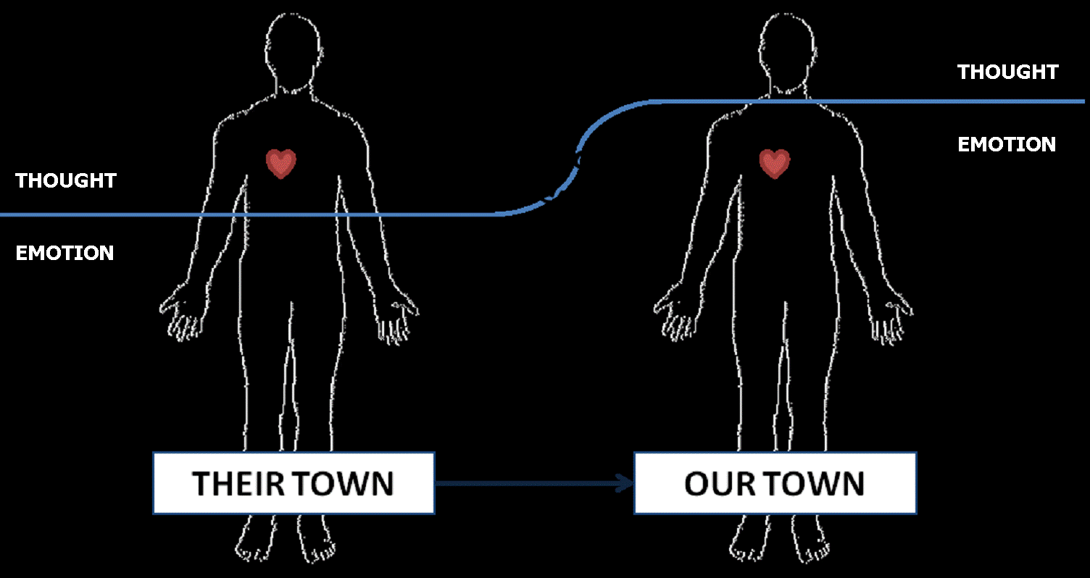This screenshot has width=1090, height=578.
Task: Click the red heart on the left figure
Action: click(281, 164)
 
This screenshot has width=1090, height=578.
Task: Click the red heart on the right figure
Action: click(775, 164)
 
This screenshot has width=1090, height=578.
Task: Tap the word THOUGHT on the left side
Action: click(66, 180)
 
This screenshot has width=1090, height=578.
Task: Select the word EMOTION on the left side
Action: click(65, 253)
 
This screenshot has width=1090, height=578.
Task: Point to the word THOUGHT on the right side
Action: click(1007, 72)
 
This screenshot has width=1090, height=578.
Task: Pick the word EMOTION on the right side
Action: click(1007, 144)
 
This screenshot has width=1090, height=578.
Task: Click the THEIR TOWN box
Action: click(294, 483)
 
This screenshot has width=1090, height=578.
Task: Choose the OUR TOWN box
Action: click(775, 483)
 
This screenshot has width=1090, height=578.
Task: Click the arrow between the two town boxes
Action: click(533, 483)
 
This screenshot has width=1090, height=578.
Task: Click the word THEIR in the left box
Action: click(239, 483)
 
